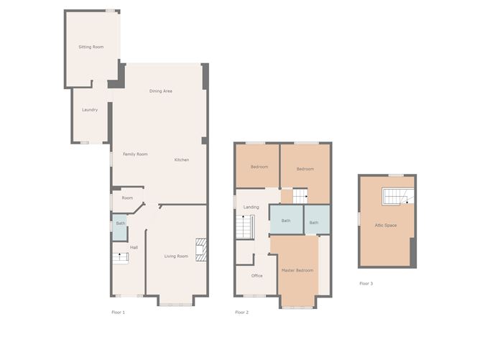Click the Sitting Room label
[x=91, y=47]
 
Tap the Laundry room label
[x=90, y=110]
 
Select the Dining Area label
[x=161, y=91]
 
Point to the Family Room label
[x=135, y=154]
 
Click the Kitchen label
[x=182, y=160]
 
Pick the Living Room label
[x=176, y=257]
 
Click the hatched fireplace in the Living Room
[x=201, y=250]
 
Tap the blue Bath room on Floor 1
[x=120, y=227]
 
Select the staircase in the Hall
[x=120, y=258]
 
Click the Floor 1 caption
[x=118, y=313]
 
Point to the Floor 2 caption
[x=242, y=313]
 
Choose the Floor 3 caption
[x=366, y=283]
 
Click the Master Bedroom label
[x=297, y=270]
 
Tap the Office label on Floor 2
[x=257, y=275]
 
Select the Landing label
[x=251, y=207]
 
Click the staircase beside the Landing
[x=245, y=227]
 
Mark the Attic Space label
[x=386, y=226]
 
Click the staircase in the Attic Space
[x=398, y=196]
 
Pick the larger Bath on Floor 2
[x=286, y=220]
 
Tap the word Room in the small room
[x=127, y=198]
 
